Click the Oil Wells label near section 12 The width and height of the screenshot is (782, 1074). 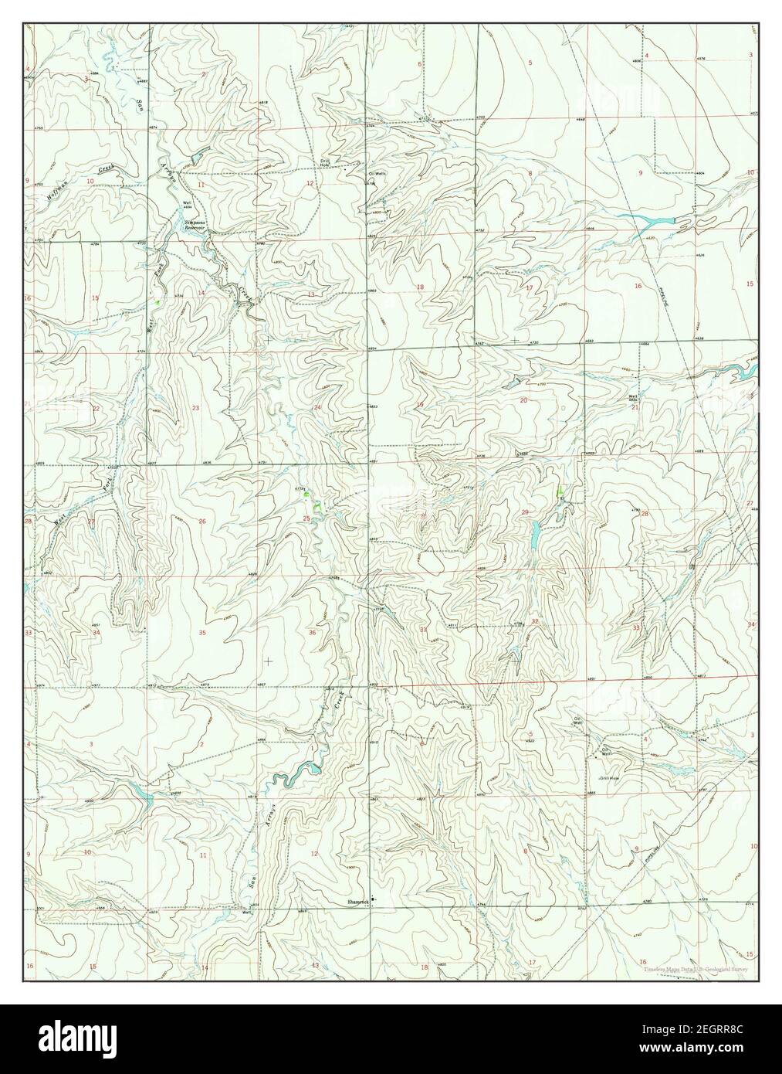click(375, 174)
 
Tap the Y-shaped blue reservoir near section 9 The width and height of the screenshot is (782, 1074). click(653, 223)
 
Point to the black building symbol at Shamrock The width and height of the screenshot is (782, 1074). click(373, 899)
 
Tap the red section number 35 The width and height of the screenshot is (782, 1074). click(202, 633)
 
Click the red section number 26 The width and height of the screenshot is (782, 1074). click(202, 522)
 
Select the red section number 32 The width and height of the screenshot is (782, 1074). click(534, 622)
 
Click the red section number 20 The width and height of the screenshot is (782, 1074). click(523, 400)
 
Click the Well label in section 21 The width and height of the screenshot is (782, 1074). click(632, 397)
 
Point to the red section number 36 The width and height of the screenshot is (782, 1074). click(312, 633)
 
